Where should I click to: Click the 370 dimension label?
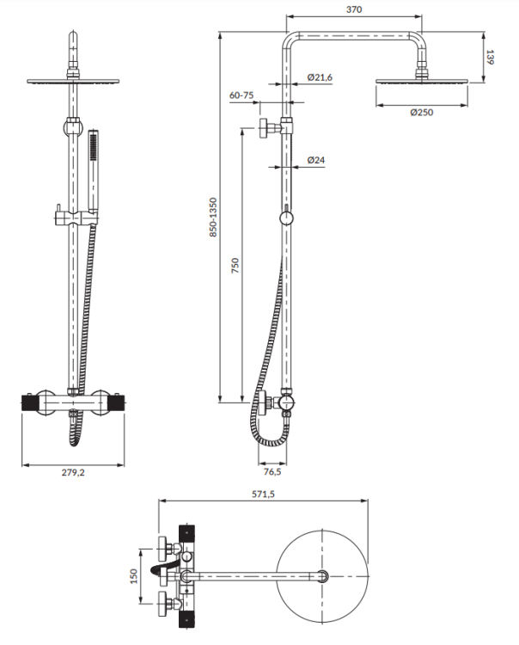tap(354, 9)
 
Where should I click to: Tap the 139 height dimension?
tap(491, 58)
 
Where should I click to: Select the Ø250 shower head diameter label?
tap(421, 113)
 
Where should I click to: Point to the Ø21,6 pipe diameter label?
tap(320, 78)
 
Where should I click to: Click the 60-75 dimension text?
tap(241, 96)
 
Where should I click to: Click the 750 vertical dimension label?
tap(235, 266)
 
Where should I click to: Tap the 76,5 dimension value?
tap(272, 471)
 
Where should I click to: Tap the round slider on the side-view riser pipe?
tap(285, 219)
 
